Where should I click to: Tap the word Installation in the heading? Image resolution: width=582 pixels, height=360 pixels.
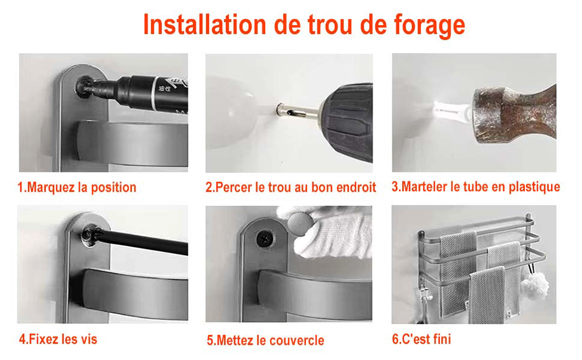click(205, 25)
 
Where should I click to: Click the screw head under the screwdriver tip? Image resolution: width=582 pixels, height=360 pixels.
click(89, 236)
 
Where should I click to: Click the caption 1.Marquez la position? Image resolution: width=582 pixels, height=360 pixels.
click(77, 187)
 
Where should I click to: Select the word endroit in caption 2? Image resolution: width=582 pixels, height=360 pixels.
click(356, 187)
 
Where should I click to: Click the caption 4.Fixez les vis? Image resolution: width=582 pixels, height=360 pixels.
click(58, 339)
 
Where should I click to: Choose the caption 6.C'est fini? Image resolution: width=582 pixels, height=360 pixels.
click(422, 339)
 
